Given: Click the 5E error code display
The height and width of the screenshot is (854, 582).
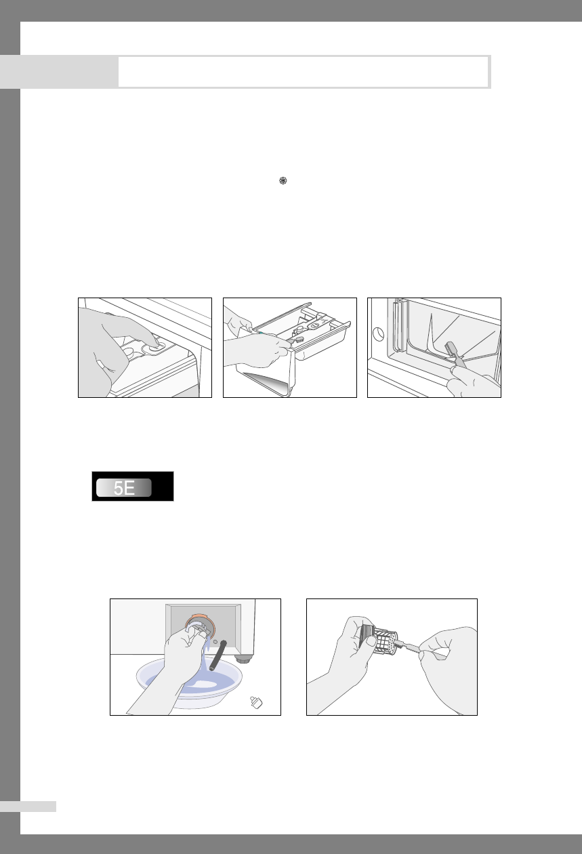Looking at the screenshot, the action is (132, 486).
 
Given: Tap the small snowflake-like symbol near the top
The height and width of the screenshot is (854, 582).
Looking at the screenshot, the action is (283, 180).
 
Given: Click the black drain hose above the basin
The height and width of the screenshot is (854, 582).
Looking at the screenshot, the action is (217, 655).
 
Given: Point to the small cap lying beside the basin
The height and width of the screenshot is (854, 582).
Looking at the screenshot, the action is (256, 702).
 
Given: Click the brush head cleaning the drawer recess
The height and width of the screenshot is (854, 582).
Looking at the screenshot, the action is (453, 350).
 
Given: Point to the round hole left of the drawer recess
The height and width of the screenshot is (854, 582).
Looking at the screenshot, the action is (378, 334).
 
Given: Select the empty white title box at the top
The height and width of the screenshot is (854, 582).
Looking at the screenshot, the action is (304, 72).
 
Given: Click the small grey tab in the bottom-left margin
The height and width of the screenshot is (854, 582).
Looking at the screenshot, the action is (28, 807).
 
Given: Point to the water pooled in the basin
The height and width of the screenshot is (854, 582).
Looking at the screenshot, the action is (206, 681).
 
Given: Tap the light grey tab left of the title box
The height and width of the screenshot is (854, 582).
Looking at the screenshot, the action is (59, 72).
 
